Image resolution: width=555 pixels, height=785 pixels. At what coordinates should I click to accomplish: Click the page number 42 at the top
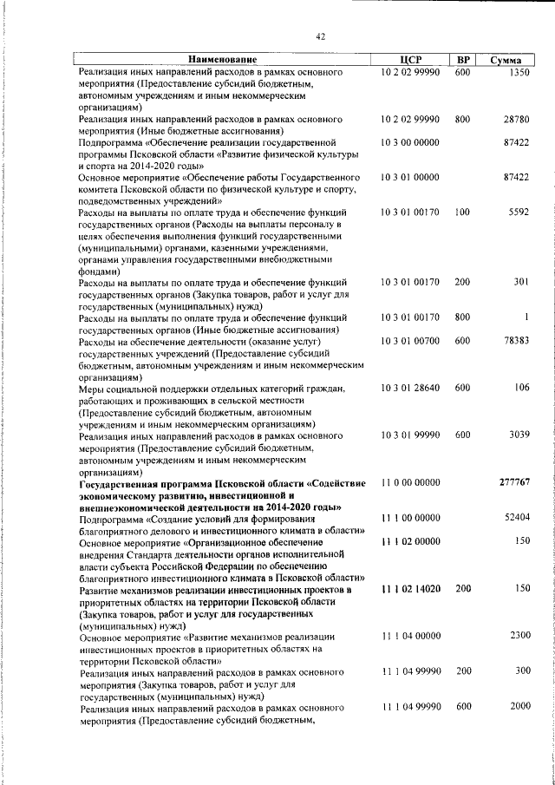pyautogui.click(x=320, y=36)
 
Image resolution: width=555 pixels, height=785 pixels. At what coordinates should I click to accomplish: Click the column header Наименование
pyautogui.click(x=223, y=60)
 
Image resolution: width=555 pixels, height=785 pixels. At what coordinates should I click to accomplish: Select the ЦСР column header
pyautogui.click(x=411, y=60)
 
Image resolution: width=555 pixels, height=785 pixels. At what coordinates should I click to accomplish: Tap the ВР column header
pyautogui.click(x=463, y=60)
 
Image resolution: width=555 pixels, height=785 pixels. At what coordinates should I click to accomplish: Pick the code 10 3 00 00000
pyautogui.click(x=410, y=141)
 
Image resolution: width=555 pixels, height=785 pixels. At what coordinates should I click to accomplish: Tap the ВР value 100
pyautogui.click(x=461, y=212)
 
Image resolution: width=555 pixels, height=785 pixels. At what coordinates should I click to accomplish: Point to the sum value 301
pyautogui.click(x=520, y=282)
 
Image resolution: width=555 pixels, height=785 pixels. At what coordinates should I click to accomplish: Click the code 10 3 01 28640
pyautogui.click(x=410, y=388)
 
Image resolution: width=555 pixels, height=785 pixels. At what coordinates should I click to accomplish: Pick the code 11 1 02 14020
pyautogui.click(x=410, y=589)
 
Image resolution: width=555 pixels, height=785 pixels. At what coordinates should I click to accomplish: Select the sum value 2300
pyautogui.click(x=519, y=636)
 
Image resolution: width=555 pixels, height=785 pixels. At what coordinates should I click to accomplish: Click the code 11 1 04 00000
pyautogui.click(x=410, y=636)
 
